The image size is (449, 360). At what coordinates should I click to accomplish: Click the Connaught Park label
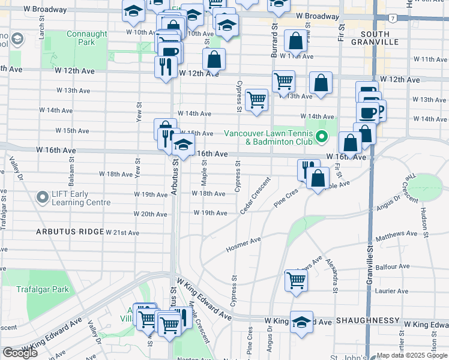coord(87,38)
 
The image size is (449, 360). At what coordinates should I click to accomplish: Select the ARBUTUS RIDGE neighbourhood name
coord(70,232)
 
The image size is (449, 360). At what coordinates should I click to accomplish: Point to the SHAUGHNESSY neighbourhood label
coord(367,321)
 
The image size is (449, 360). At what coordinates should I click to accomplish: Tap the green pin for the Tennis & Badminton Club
coord(322,137)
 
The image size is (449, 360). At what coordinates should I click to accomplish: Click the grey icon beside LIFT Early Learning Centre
coord(42,197)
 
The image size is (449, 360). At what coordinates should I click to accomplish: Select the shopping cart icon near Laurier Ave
coord(296,280)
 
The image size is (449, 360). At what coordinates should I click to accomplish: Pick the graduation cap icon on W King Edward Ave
coord(301,321)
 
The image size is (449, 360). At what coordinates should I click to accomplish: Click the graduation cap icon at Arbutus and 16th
coord(183,145)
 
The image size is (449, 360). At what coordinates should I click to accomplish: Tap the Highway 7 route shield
coord(391,18)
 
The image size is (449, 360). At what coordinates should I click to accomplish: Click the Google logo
coord(20,352)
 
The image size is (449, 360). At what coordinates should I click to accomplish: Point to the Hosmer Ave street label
coord(243,244)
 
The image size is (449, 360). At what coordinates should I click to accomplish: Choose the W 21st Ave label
coord(122,233)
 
